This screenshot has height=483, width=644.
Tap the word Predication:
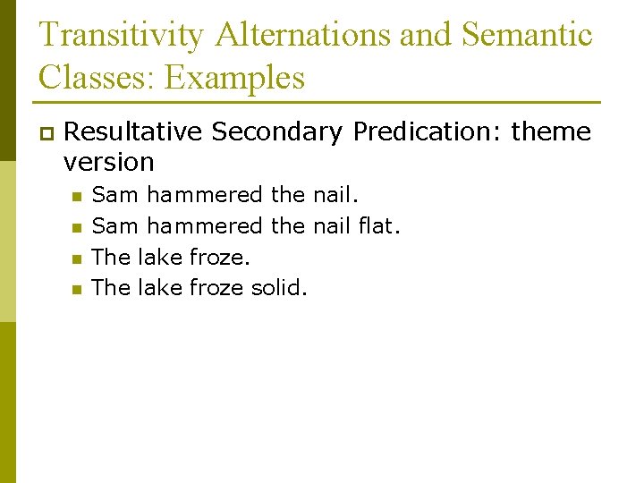click(427, 131)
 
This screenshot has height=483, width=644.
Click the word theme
click(550, 131)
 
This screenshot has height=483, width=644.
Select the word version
click(109, 162)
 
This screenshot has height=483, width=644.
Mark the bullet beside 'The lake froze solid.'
click(78, 289)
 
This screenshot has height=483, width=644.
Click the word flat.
click(377, 226)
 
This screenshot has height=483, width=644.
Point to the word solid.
click(279, 287)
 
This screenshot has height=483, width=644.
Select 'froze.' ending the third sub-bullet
click(220, 257)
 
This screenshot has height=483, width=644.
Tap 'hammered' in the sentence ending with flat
click(205, 226)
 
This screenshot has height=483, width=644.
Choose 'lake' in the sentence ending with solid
click(160, 287)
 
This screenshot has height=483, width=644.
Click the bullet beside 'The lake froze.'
click(78, 258)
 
